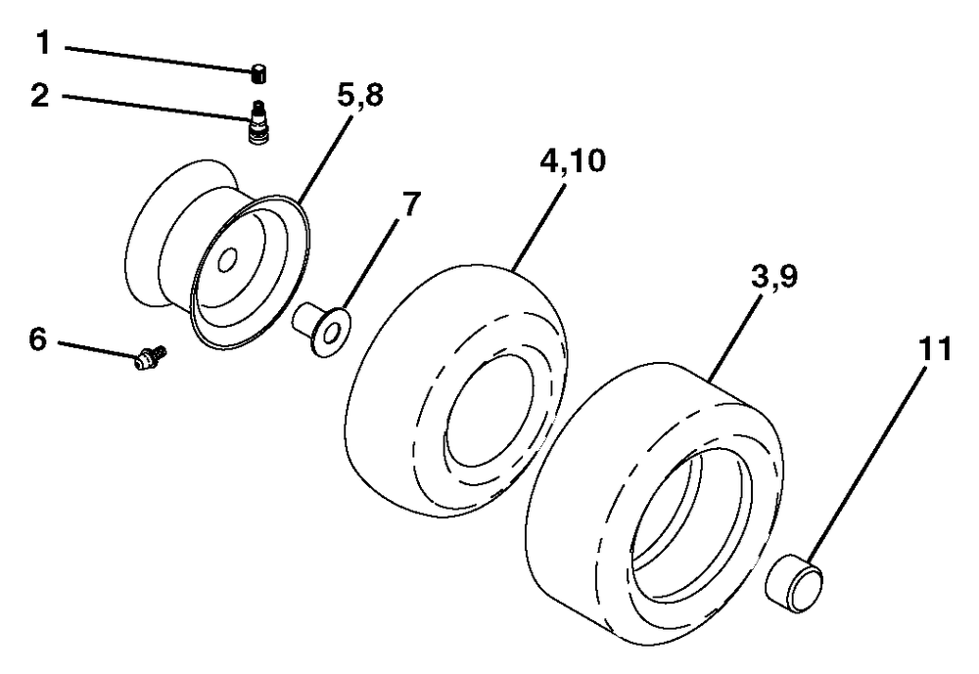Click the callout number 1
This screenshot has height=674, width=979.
[42, 44]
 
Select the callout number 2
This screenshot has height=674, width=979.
[40, 96]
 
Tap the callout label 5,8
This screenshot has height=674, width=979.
[359, 97]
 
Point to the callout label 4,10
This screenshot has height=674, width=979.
[573, 161]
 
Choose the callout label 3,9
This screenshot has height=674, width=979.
[773, 277]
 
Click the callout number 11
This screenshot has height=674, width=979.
[935, 348]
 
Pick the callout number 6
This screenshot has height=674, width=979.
[37, 339]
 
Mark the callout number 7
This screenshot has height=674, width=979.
[411, 204]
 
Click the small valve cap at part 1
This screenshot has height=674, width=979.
[258, 73]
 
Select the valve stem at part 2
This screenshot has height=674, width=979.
[256, 122]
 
